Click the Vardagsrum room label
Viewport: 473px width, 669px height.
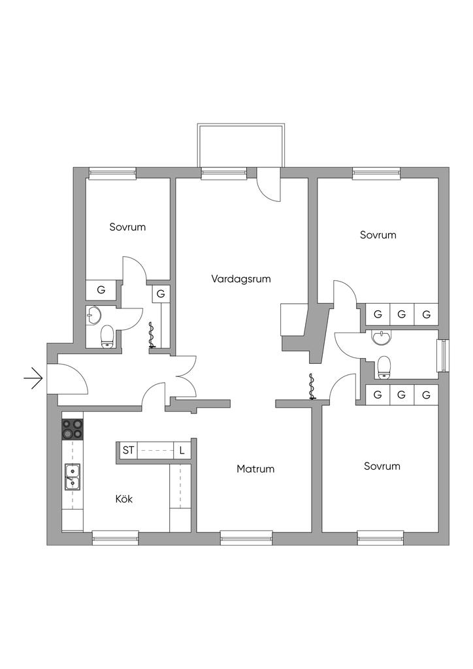241,279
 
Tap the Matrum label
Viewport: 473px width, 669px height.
255,469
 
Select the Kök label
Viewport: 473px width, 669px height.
124,498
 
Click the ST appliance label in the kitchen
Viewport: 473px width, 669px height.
129,450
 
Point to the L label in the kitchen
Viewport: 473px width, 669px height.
182,450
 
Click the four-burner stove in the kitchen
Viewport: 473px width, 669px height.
73,429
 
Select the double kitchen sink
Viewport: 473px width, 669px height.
73,476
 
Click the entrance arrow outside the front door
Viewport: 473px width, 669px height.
33,378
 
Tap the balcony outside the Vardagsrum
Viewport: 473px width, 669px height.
240,146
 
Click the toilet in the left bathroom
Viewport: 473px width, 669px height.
107,336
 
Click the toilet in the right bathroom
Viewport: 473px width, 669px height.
384,367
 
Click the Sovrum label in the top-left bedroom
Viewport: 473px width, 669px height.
127,227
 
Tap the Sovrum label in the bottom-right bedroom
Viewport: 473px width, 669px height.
382,466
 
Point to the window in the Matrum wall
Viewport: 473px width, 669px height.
246,538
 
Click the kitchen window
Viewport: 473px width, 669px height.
116,538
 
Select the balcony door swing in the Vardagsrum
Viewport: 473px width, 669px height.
269,184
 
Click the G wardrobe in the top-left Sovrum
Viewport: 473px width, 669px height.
101,290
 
